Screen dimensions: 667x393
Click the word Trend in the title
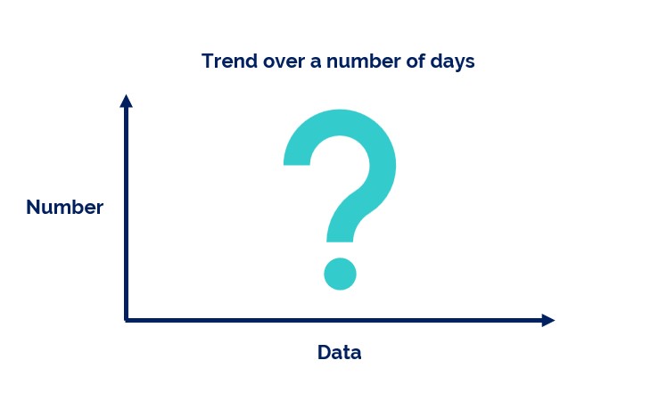click(229, 61)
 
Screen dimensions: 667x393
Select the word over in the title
click(284, 62)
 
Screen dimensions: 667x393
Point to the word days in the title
click(452, 62)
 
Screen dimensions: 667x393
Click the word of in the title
click(416, 61)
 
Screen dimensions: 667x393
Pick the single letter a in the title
click(315, 62)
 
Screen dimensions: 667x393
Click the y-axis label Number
click(65, 207)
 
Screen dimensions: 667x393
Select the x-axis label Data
click(340, 353)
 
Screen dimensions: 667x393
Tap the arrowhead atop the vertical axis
click(126, 101)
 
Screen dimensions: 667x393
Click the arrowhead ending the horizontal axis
click(548, 320)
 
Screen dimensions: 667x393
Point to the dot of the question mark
click(340, 274)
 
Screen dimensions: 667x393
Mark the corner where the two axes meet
click(126, 320)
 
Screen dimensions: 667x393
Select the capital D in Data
click(325, 353)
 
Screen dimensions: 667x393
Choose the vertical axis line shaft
click(126, 214)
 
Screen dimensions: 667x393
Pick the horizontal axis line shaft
click(333, 320)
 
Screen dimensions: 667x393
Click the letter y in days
click(457, 65)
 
